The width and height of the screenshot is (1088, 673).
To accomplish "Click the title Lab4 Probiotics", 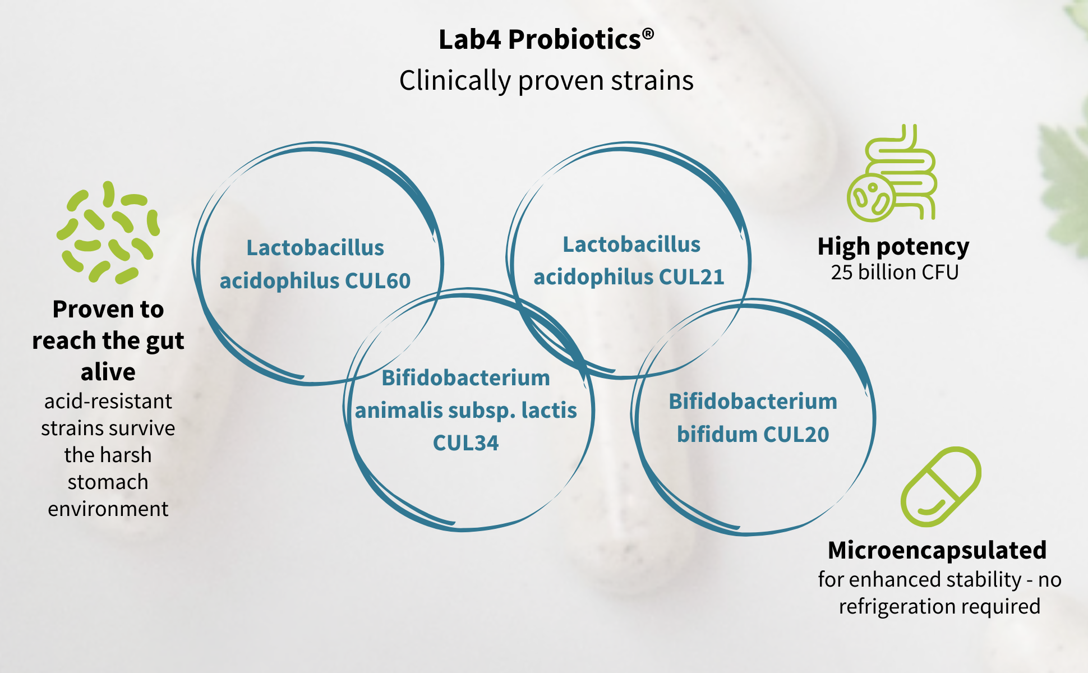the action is (546, 40).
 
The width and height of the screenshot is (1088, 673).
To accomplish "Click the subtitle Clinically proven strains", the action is (546, 80).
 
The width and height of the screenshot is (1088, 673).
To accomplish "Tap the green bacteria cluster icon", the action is (108, 232).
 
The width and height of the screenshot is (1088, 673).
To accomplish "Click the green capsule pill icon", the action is (941, 486).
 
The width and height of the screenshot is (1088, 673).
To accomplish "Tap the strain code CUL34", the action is (465, 443).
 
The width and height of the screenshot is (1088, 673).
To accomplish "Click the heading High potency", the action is (893, 246).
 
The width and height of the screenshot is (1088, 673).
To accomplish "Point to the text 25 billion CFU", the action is (895, 272).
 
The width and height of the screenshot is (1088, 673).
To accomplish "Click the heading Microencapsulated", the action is (937, 550).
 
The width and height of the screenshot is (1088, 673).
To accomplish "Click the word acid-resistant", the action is (108, 401).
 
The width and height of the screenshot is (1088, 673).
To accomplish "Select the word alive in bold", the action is (108, 371).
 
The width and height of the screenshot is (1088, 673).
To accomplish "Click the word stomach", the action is (108, 482).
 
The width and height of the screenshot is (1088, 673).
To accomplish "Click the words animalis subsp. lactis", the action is (465, 411).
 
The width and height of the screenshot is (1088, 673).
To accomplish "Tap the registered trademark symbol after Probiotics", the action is (648, 34).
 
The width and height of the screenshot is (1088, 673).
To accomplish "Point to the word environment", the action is (108, 509).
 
